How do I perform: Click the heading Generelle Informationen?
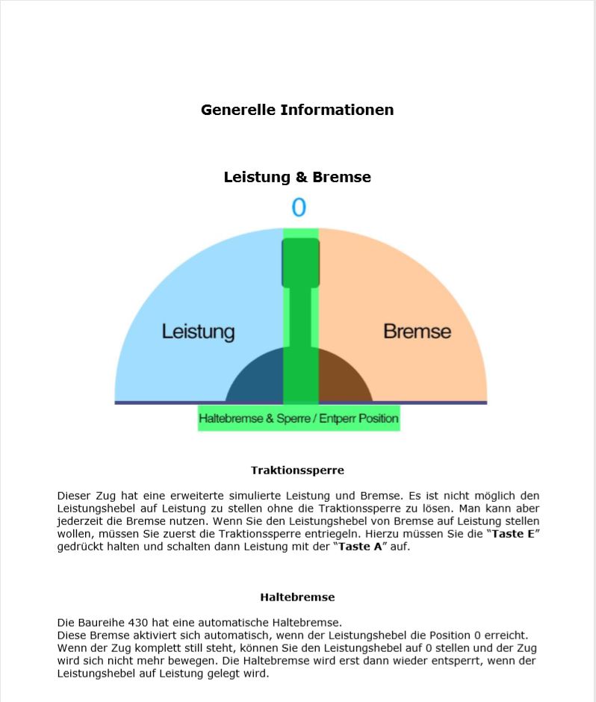pos(297,110)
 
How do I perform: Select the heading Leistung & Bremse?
pos(297,177)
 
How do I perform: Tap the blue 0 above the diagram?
pos(299,208)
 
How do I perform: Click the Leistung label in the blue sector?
pos(198,331)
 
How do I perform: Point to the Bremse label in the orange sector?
pos(417,331)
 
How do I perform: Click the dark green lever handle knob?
pos(300,262)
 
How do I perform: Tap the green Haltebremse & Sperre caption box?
pos(298,418)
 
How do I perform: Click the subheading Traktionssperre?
pos(297,470)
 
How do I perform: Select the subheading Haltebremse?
pos(297,597)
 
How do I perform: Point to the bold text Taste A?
pos(361,546)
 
